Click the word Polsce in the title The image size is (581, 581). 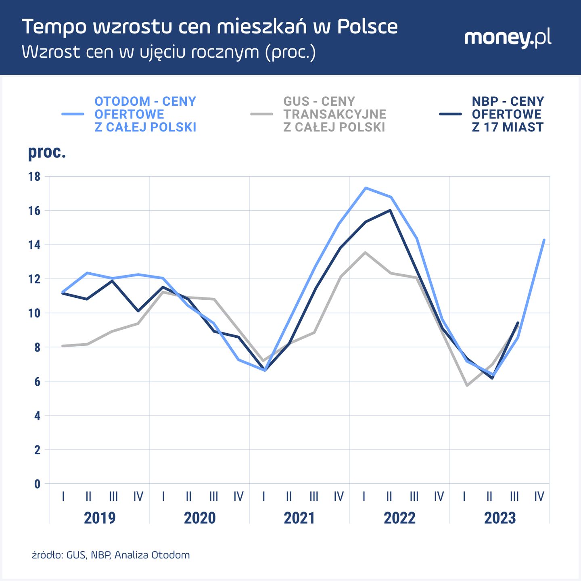[367, 27]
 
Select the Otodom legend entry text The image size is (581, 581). [145, 114]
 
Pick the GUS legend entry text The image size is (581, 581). [334, 114]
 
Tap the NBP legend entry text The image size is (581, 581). [508, 114]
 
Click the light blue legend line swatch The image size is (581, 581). [73, 114]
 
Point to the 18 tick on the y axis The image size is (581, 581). [34, 177]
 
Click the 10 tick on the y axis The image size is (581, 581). [34, 313]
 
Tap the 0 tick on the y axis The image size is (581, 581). [37, 484]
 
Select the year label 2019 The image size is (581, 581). [100, 518]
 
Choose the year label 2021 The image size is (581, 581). [299, 518]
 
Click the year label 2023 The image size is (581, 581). [500, 518]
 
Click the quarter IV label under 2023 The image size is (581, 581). [539, 496]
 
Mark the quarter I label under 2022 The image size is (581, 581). [364, 496]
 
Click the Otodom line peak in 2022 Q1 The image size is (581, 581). [365, 188]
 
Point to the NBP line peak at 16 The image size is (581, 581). [390, 210]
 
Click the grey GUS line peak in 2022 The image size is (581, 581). [365, 253]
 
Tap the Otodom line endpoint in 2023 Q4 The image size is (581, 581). [544, 240]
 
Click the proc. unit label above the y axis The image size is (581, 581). [47, 152]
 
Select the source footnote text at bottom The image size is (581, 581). [111, 555]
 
